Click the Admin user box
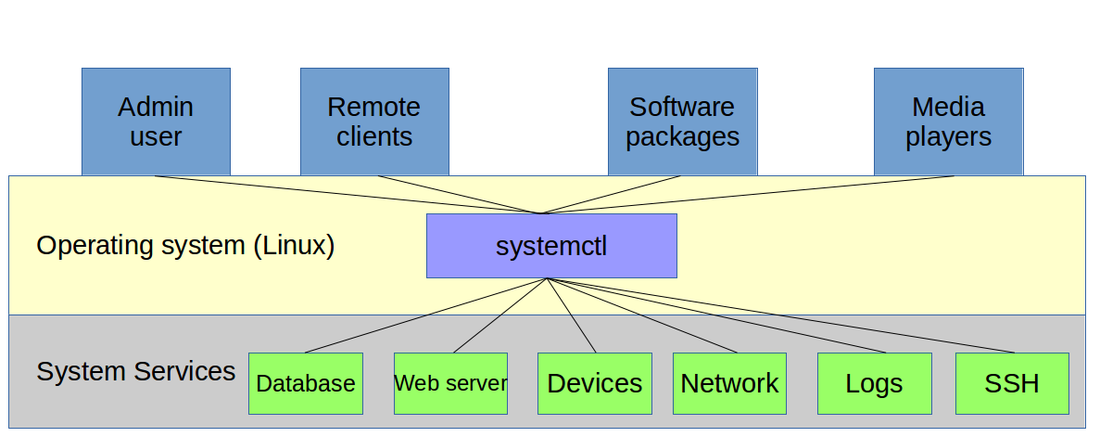(x=156, y=122)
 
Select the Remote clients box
(x=374, y=122)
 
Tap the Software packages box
(x=682, y=122)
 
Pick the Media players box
(x=948, y=122)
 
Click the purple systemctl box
(x=551, y=246)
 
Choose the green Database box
(x=305, y=383)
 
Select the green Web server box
(x=450, y=383)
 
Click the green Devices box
(x=594, y=383)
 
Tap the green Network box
(x=729, y=383)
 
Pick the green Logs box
(x=874, y=383)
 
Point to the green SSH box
(x=1011, y=383)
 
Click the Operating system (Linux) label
(x=185, y=246)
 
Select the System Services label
(x=135, y=371)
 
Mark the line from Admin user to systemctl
(x=348, y=195)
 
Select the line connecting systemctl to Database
(x=426, y=315)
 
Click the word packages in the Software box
(x=682, y=137)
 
